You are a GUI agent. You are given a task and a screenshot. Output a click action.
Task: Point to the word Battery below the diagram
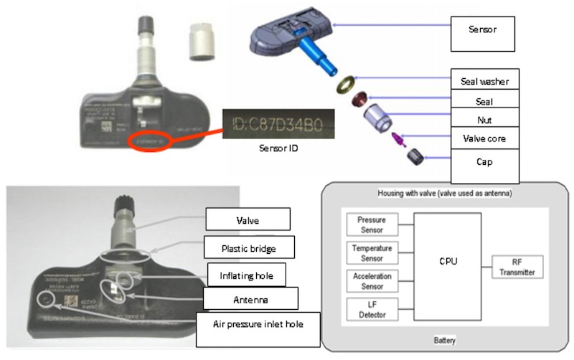(446, 340)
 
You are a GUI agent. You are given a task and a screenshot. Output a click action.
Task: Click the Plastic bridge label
(247, 247)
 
